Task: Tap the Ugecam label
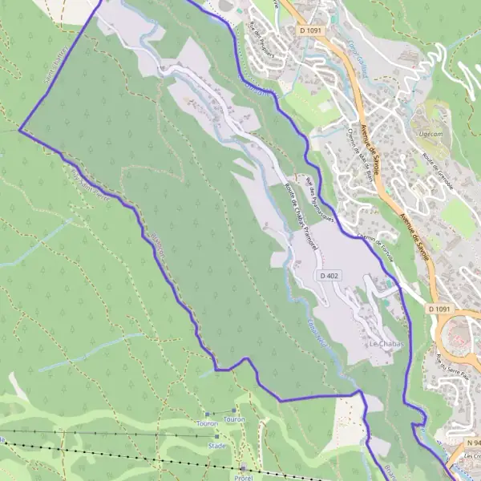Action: click(430, 132)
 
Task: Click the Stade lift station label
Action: click(216, 444)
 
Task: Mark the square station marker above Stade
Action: click(216, 436)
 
